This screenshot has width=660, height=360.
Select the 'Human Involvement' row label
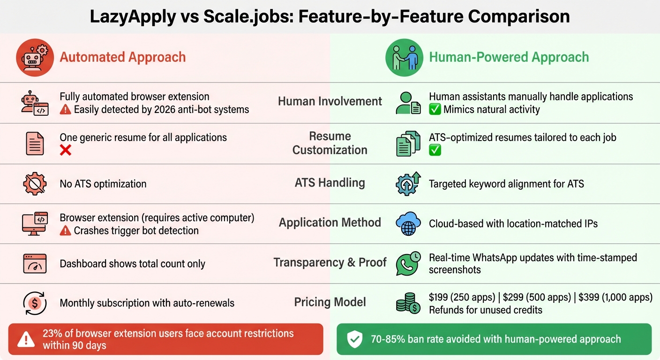coord(330,101)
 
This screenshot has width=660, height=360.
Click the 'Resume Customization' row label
coord(330,143)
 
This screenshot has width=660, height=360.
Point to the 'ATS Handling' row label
coord(330,182)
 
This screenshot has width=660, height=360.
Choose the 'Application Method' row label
coord(330,222)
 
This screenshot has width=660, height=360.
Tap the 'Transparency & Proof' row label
coord(330,262)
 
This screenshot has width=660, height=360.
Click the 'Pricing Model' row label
coord(330,302)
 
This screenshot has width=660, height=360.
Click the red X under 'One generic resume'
coord(66,150)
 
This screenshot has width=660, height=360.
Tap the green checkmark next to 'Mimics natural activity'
coord(435,110)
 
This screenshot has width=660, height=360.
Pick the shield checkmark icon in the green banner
coord(354,339)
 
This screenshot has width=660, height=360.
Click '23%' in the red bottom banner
coord(52,334)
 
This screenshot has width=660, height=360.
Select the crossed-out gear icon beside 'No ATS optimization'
coord(35,184)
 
